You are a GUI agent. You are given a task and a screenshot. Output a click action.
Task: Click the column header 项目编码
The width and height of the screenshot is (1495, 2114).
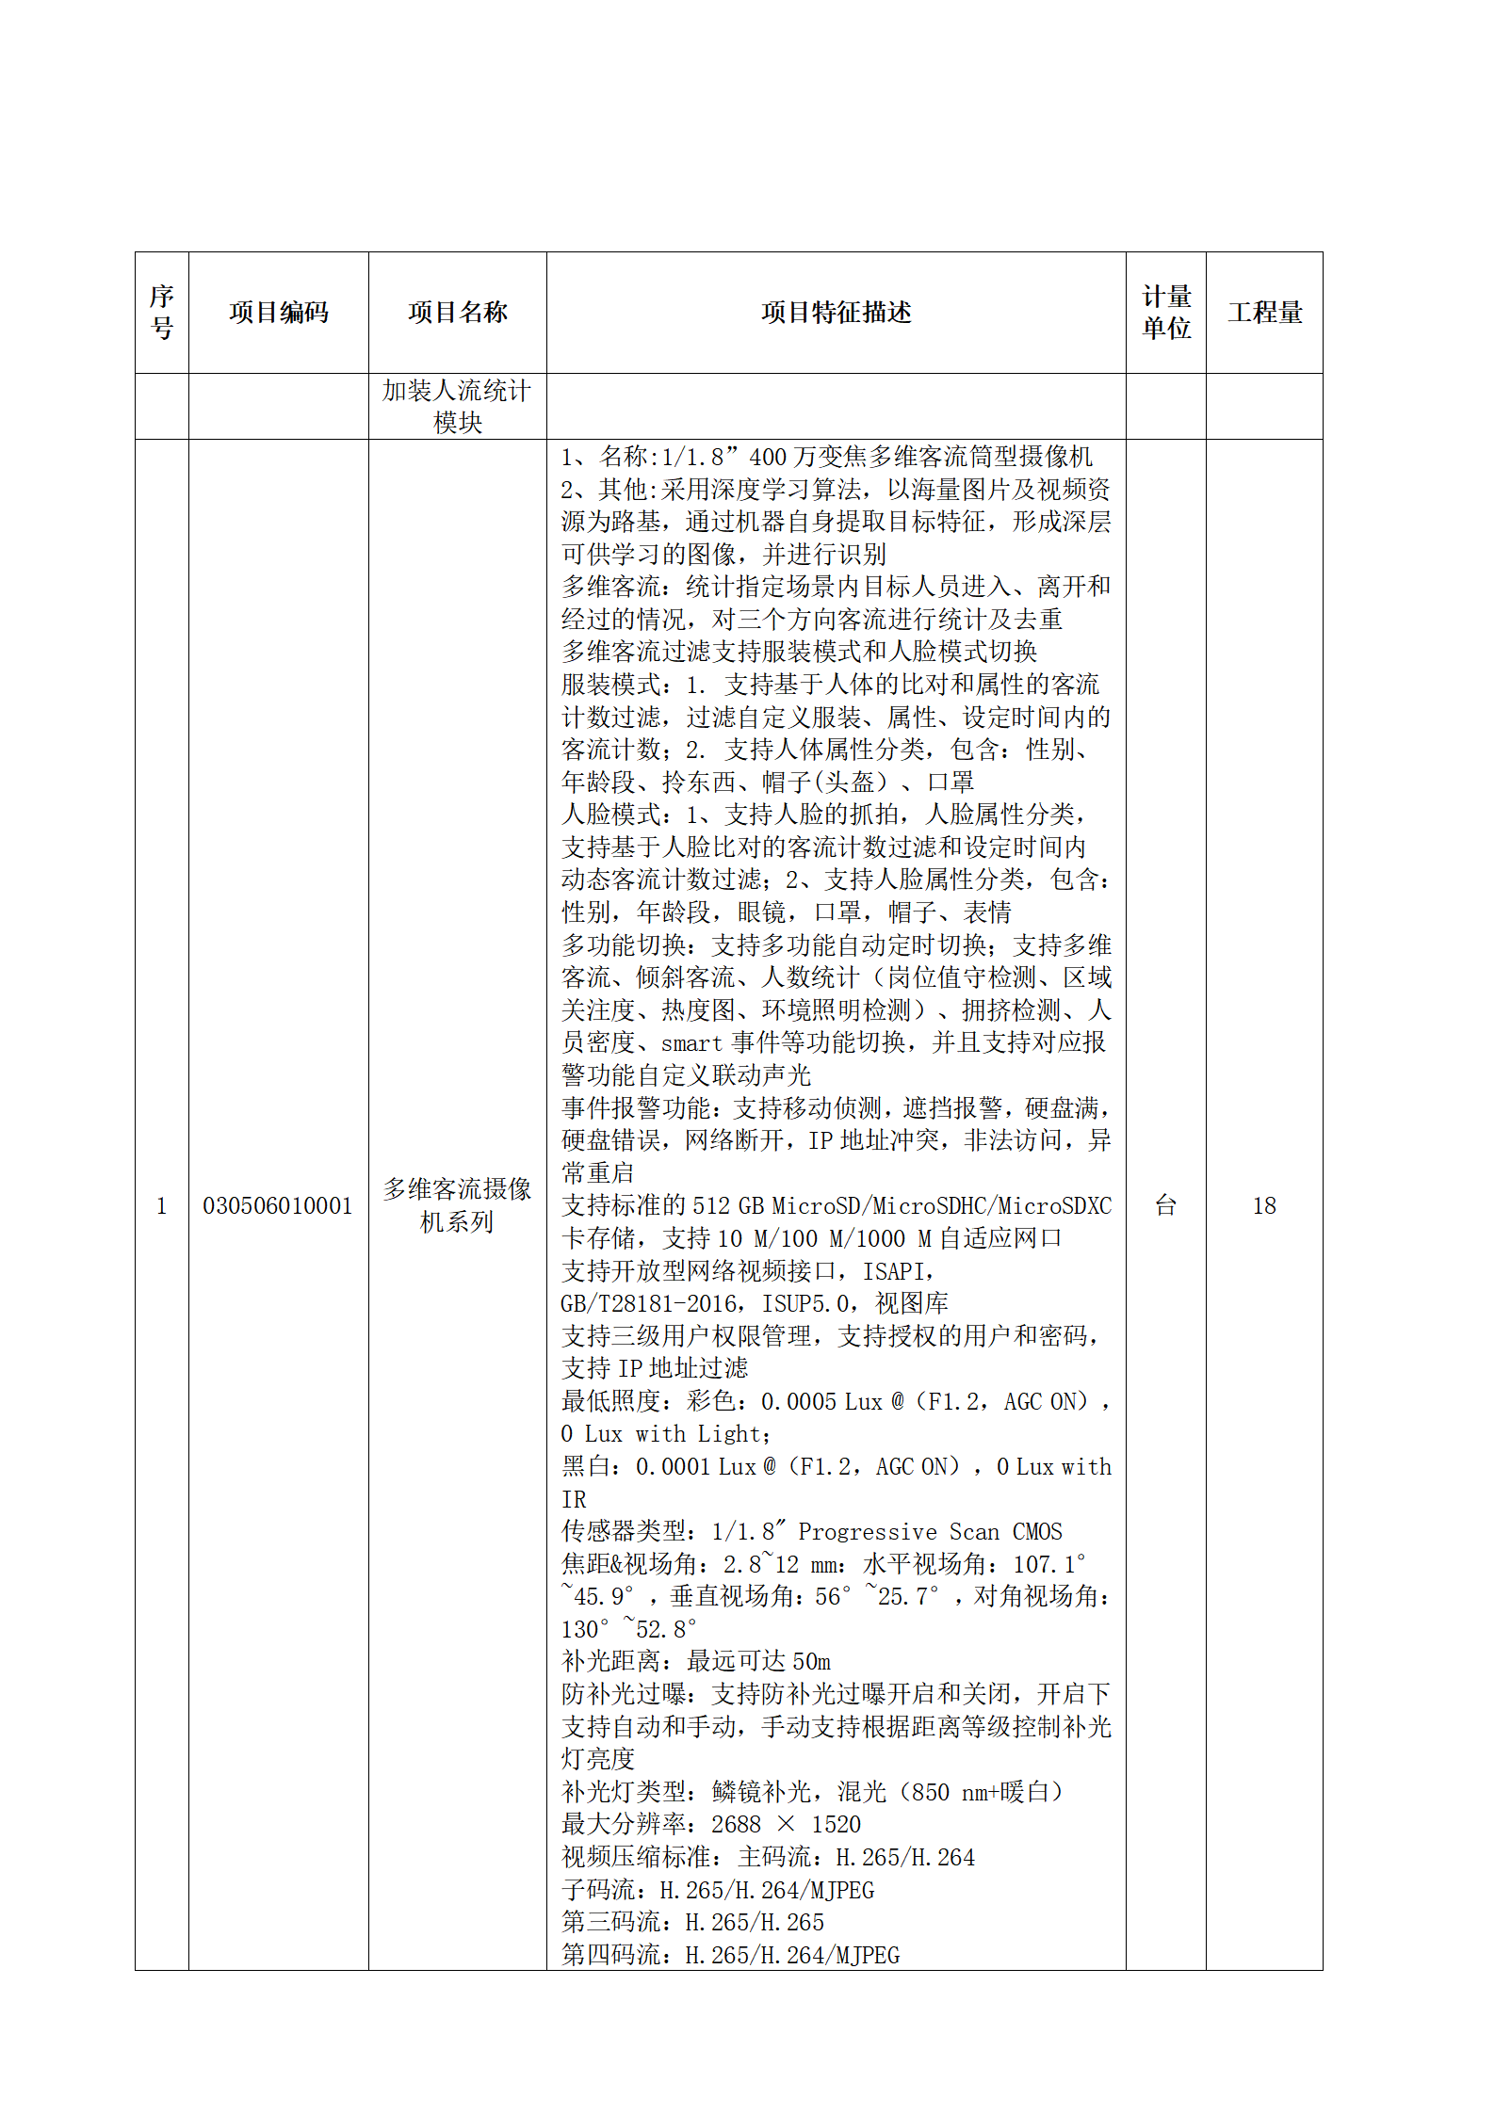pyautogui.click(x=278, y=313)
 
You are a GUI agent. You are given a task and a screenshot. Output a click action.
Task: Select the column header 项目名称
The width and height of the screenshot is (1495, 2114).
pyautogui.click(x=457, y=313)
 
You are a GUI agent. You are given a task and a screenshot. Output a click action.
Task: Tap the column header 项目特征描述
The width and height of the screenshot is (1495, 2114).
pyautogui.click(x=836, y=313)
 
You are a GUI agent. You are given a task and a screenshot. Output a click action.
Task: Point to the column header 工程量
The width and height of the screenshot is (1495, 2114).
pyautogui.click(x=1264, y=313)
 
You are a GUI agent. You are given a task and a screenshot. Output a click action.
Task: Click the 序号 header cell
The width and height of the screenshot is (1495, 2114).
pyautogui.click(x=162, y=313)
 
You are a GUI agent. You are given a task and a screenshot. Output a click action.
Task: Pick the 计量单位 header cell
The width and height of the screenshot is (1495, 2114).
pyautogui.click(x=1166, y=313)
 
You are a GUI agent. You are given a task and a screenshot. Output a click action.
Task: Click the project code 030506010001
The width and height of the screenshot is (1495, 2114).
pyautogui.click(x=278, y=1206)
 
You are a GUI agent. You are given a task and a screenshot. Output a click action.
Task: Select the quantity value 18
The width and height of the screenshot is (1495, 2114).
pyautogui.click(x=1264, y=1206)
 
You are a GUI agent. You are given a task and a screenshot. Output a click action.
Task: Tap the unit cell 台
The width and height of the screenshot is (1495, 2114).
pyautogui.click(x=1166, y=1206)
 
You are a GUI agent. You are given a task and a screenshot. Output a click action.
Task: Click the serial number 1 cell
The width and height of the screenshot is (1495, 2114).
pyautogui.click(x=162, y=1206)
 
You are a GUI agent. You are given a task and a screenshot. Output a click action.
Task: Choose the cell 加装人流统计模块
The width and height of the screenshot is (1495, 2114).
pyautogui.click(x=457, y=406)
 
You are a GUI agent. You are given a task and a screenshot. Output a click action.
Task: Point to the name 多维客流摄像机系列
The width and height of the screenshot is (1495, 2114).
pyautogui.click(x=457, y=1206)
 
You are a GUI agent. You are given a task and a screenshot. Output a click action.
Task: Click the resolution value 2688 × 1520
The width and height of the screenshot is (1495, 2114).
pyautogui.click(x=786, y=1825)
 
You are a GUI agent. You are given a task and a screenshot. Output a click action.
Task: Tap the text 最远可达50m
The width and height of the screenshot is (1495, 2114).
pyautogui.click(x=758, y=1662)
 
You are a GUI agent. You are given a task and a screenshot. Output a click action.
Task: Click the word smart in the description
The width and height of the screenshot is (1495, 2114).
pyautogui.click(x=691, y=1043)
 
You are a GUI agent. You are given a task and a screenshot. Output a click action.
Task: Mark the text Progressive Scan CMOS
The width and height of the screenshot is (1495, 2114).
pyautogui.click(x=930, y=1532)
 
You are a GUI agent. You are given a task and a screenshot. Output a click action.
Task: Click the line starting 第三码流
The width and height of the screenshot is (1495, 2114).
pyautogui.click(x=692, y=1922)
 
